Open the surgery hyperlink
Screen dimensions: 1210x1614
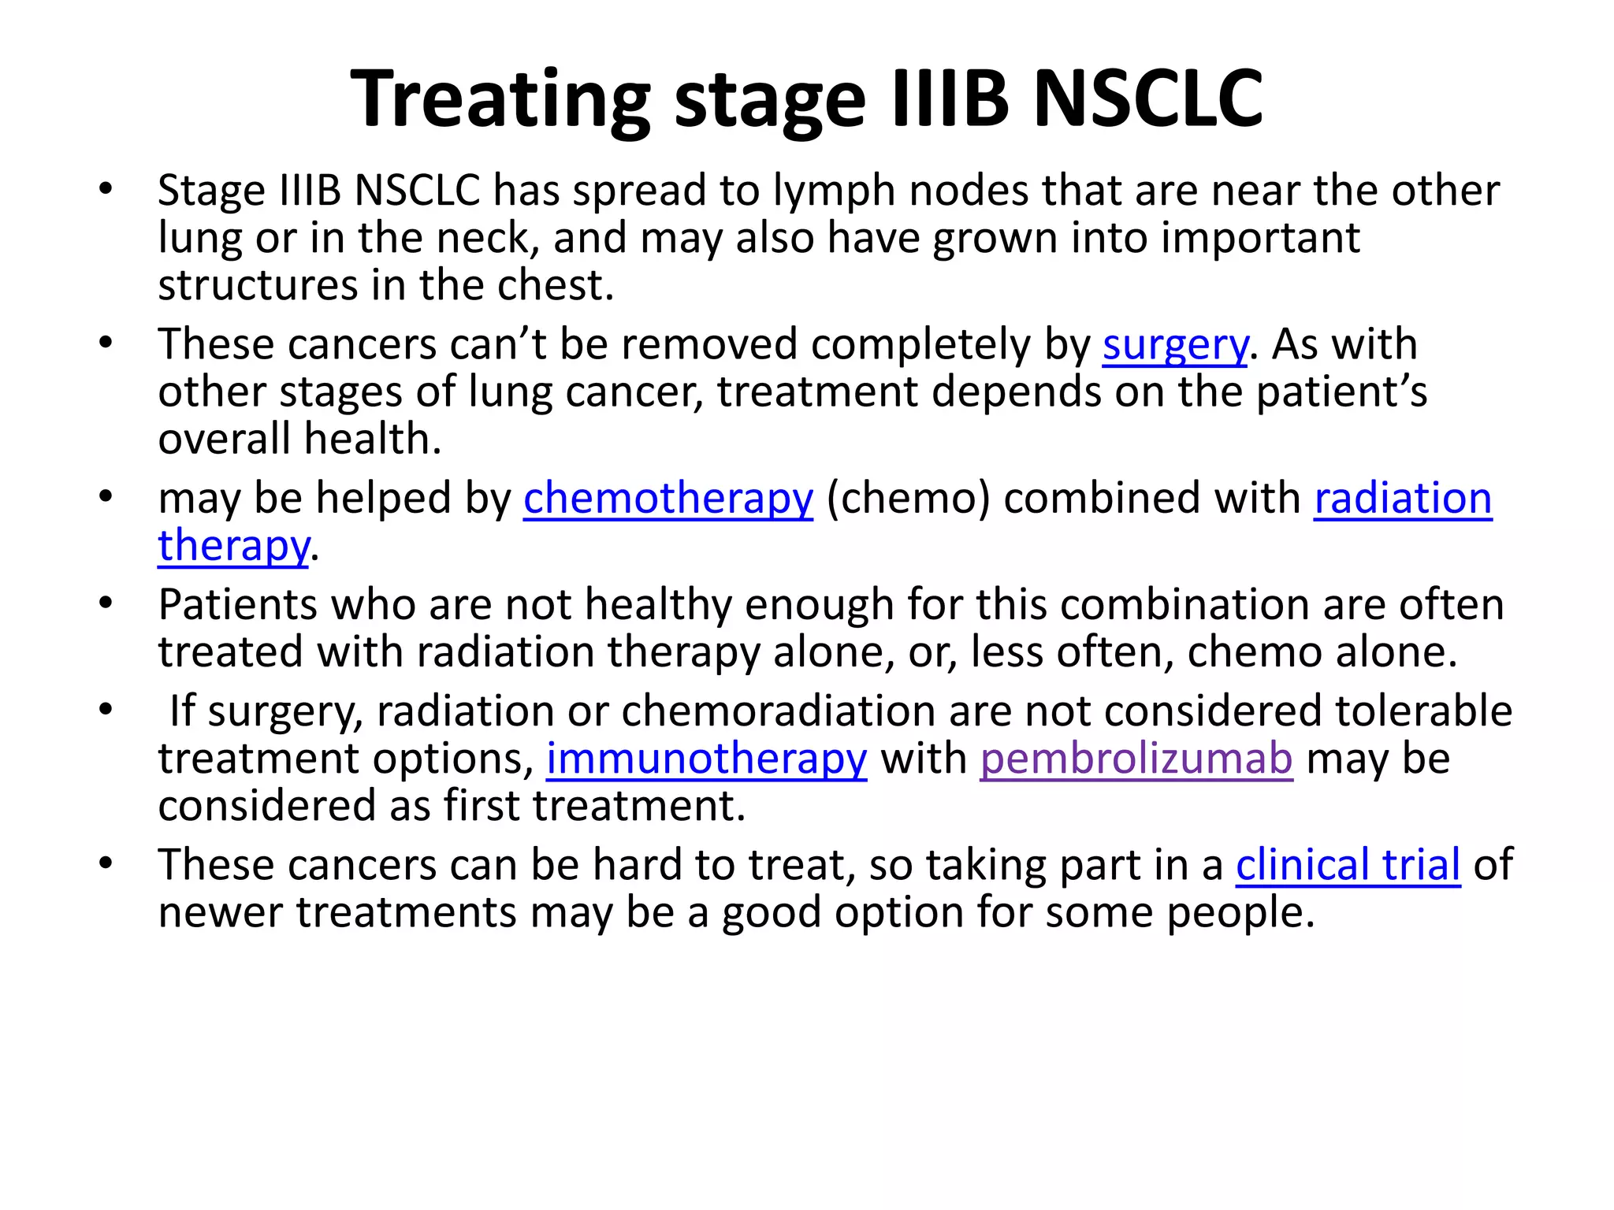click(x=1175, y=346)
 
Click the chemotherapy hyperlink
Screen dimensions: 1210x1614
click(x=668, y=499)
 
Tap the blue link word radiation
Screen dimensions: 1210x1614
click(x=1403, y=499)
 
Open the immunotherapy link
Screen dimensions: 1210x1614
click(x=706, y=759)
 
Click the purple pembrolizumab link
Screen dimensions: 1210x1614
click(x=1136, y=759)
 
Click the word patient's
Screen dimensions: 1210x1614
click(x=1341, y=392)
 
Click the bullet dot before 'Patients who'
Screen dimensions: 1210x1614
click(x=106, y=604)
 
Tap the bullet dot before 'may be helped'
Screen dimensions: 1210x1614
click(x=106, y=498)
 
